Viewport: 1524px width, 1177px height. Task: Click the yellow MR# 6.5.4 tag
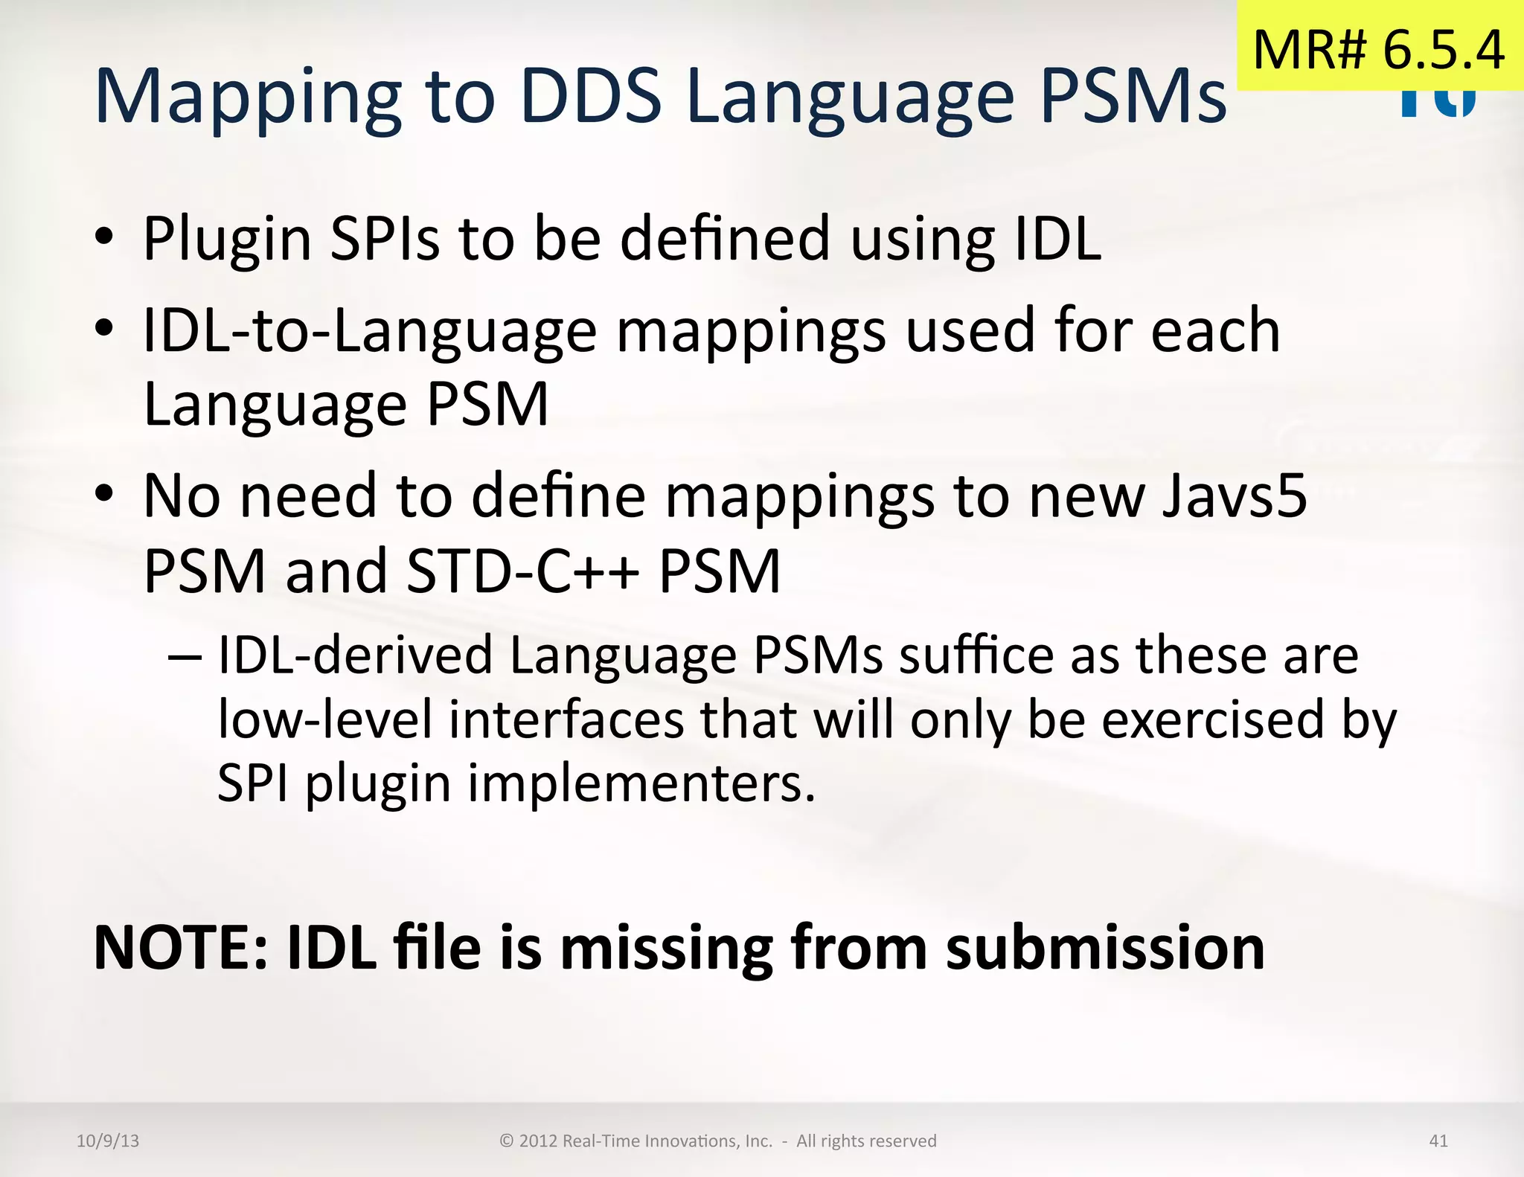(1379, 49)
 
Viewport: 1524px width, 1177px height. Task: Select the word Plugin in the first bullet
(227, 240)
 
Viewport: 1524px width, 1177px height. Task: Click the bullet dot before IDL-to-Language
(105, 329)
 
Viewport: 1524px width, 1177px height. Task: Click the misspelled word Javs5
(1235, 496)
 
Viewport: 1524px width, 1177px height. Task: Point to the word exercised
(1213, 720)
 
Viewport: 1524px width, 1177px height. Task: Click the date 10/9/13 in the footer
(108, 1141)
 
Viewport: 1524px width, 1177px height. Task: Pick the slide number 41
(1438, 1141)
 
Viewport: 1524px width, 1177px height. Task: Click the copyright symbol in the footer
(507, 1141)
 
